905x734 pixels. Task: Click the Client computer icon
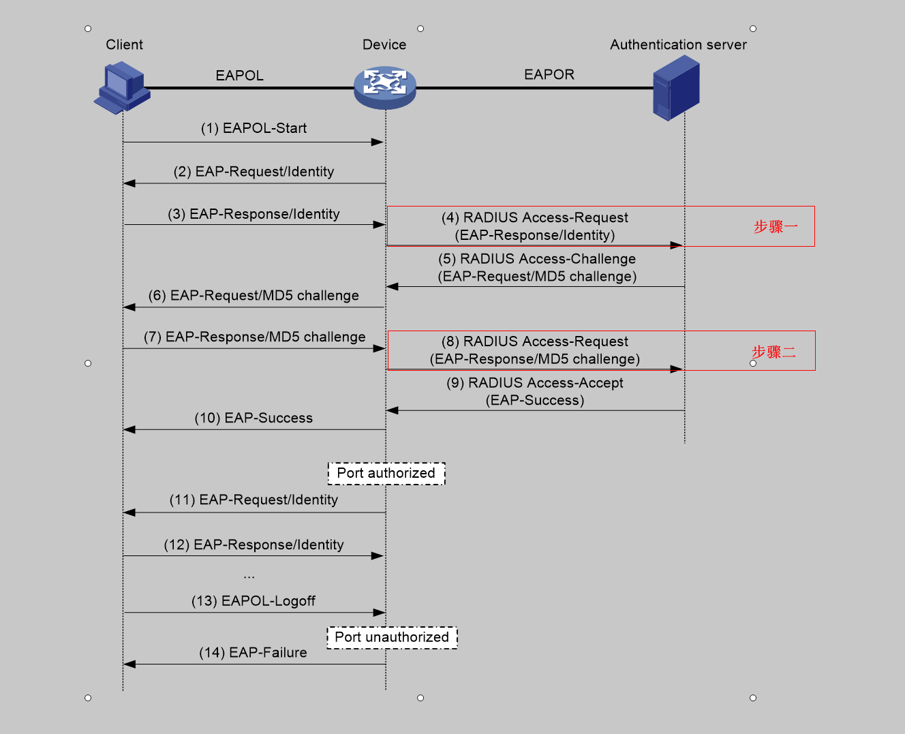(122, 87)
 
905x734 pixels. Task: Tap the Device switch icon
(385, 87)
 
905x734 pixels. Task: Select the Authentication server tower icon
(676, 89)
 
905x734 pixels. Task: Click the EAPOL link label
(239, 76)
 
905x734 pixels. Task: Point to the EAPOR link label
(549, 74)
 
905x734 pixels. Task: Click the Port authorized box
(386, 473)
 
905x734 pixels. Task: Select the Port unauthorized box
(392, 637)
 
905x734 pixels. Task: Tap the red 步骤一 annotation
(775, 227)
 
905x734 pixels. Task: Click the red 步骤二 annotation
(773, 352)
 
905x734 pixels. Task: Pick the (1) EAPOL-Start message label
(254, 128)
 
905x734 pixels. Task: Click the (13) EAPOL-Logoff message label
(254, 601)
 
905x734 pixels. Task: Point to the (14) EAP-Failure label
(253, 653)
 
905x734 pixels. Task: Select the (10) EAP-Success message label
(254, 418)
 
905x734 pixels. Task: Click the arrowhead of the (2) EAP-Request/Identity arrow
(129, 183)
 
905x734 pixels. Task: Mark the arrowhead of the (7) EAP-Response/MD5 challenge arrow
(379, 349)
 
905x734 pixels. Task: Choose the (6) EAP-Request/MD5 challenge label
(254, 295)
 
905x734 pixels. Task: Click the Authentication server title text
(678, 45)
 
